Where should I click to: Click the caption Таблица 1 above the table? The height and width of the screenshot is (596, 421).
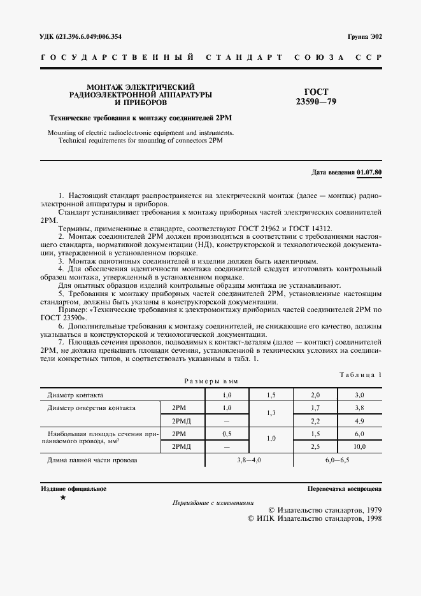[x=360, y=375]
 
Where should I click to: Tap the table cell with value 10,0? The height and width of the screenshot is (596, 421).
[x=360, y=446]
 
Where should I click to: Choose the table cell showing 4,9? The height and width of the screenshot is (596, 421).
[x=360, y=421]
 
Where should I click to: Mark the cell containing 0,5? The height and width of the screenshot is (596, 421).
[x=226, y=434]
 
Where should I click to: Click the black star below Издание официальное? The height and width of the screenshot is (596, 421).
[x=62, y=498]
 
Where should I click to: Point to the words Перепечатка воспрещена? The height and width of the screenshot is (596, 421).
[x=344, y=489]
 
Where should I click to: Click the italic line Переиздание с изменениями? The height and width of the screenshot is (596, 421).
[x=213, y=502]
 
